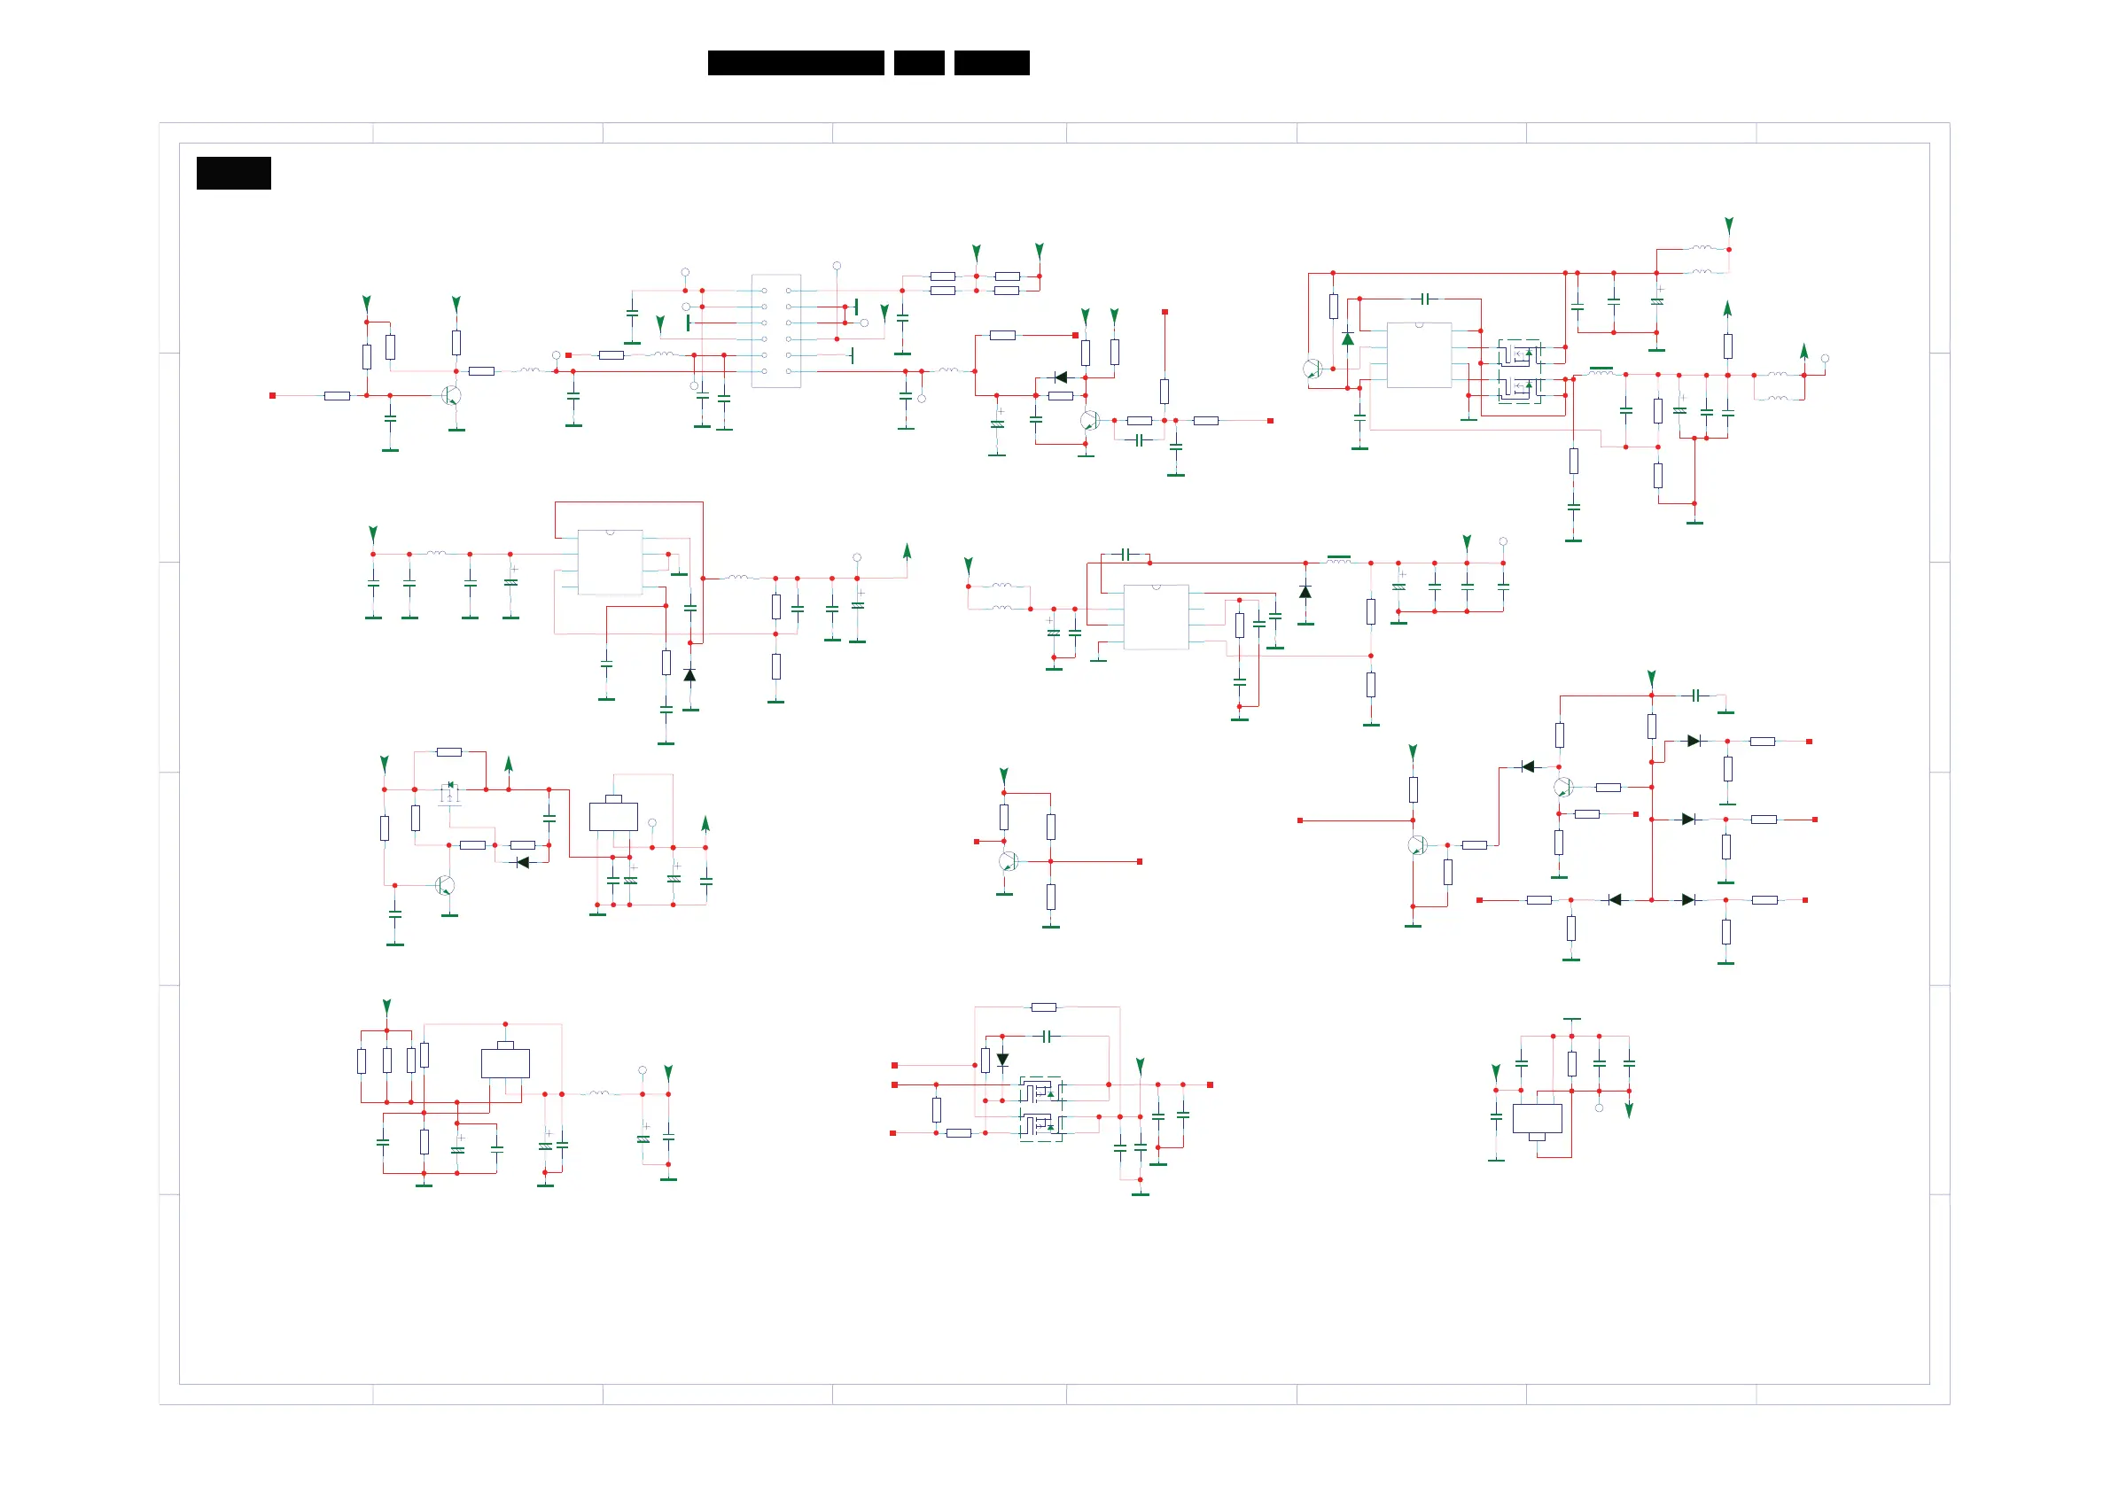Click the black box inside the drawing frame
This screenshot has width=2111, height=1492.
click(234, 173)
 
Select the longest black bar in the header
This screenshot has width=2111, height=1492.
click(795, 63)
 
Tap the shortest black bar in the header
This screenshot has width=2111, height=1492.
click(918, 63)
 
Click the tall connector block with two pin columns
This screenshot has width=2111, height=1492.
click(776, 331)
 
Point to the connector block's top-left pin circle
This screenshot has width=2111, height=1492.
click(764, 291)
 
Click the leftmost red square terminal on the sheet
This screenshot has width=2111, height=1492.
click(272, 395)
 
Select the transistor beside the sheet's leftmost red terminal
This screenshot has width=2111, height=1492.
click(450, 395)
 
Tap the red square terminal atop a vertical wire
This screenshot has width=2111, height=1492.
click(1165, 313)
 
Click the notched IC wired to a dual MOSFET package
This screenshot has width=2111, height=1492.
click(1419, 355)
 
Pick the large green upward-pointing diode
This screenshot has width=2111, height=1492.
click(1347, 339)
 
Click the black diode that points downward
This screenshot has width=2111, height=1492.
click(1002, 1060)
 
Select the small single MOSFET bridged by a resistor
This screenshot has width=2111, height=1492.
click(449, 791)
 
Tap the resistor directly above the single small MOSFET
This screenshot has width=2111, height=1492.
click(448, 752)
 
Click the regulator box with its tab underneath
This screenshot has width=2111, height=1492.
click(1538, 1119)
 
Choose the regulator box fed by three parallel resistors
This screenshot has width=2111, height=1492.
click(505, 1063)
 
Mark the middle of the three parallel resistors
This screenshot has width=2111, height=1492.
click(387, 1061)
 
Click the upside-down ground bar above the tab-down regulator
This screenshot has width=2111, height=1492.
click(1572, 1020)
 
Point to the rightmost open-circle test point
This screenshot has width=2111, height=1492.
click(1825, 359)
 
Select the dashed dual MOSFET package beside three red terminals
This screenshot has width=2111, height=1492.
click(1040, 1108)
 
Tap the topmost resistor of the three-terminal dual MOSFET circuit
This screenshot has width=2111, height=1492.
click(1044, 1007)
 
